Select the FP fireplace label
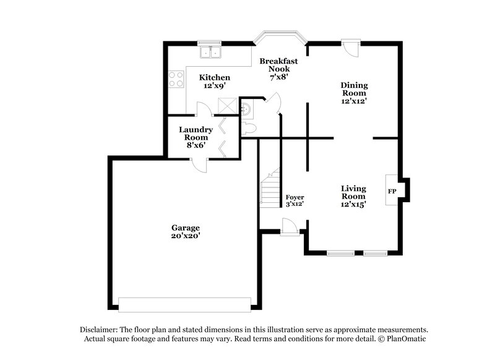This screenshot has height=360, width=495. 392,191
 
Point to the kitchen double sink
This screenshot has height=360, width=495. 210,53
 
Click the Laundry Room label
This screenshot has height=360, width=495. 196,134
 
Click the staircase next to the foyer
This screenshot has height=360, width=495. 270,189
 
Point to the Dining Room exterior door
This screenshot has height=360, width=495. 351,48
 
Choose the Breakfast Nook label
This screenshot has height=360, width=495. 278,65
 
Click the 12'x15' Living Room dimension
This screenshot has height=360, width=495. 354,204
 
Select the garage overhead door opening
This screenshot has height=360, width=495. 185,304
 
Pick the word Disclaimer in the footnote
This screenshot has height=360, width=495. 98,330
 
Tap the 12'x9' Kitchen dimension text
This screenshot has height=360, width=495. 215,86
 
